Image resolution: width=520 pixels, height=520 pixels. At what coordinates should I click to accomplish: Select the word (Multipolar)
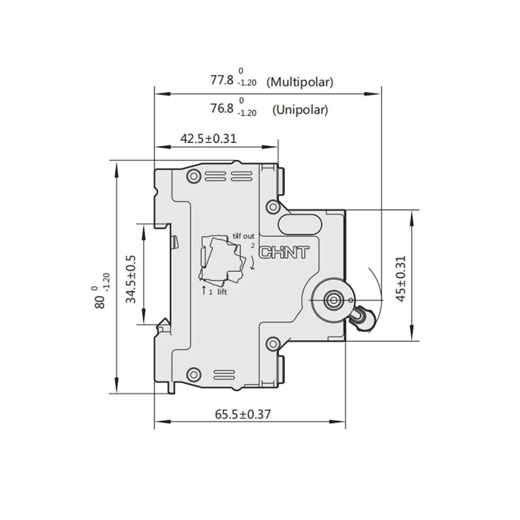click(x=300, y=82)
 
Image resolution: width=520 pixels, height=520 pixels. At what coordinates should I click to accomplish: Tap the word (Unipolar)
click(x=300, y=110)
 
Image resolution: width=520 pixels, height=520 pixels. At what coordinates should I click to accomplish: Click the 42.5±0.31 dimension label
click(x=208, y=138)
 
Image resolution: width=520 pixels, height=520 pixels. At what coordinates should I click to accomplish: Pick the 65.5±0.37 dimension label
click(x=242, y=414)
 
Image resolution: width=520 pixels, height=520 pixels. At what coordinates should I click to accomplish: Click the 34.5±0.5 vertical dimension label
click(x=131, y=279)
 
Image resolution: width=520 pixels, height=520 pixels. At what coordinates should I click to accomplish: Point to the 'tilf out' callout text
click(x=243, y=236)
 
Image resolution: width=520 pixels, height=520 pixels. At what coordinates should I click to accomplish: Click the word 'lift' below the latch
click(x=222, y=292)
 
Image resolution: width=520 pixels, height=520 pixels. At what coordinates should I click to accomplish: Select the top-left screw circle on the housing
click(x=194, y=175)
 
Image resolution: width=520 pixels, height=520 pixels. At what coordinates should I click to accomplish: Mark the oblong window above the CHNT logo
click(x=300, y=224)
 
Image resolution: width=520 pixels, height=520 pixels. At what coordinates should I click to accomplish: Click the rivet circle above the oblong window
click(x=272, y=207)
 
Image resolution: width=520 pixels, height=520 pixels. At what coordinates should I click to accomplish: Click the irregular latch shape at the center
click(x=222, y=258)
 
